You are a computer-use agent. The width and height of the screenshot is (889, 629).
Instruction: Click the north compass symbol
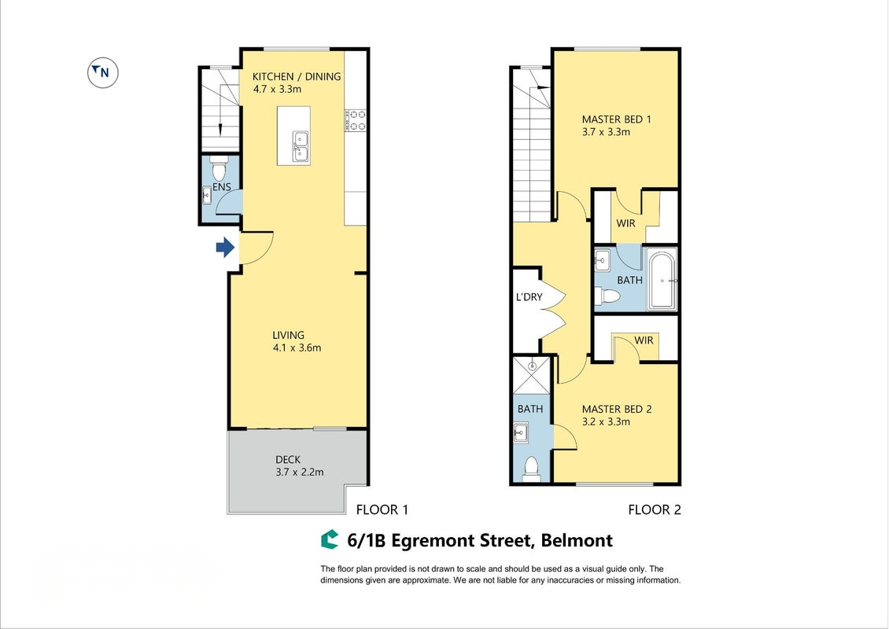click(102, 72)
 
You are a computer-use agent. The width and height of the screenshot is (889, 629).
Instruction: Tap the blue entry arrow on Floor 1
click(225, 247)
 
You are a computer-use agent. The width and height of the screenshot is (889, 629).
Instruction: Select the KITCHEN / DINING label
click(297, 76)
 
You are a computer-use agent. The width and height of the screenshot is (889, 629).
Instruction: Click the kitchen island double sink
click(300, 146)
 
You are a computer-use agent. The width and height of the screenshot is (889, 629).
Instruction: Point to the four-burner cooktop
click(356, 121)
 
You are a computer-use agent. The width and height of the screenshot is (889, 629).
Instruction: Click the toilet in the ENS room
click(218, 168)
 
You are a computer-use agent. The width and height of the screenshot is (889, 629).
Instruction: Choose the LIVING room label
click(288, 335)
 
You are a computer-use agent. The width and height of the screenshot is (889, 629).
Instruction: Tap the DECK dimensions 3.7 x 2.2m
click(300, 472)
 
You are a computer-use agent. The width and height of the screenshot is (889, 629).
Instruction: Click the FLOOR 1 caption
click(382, 510)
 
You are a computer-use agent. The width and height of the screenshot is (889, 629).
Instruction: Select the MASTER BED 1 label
click(616, 120)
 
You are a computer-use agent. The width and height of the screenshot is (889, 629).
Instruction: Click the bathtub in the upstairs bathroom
click(662, 280)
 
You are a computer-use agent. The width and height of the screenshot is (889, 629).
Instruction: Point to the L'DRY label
click(529, 297)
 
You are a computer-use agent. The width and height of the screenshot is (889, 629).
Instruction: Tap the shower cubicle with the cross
click(532, 375)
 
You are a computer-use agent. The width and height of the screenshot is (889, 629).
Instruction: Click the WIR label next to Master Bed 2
click(644, 340)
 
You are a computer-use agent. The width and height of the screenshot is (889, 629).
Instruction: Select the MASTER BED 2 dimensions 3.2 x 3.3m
click(606, 421)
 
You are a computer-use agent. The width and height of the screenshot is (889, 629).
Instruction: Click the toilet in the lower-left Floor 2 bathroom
click(531, 469)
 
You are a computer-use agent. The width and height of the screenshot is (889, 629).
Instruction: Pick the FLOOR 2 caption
click(655, 510)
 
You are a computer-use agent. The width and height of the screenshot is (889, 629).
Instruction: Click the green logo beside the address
click(330, 540)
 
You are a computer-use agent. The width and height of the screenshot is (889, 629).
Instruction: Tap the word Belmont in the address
click(577, 541)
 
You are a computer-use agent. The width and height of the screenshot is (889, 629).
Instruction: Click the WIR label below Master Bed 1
click(625, 223)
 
